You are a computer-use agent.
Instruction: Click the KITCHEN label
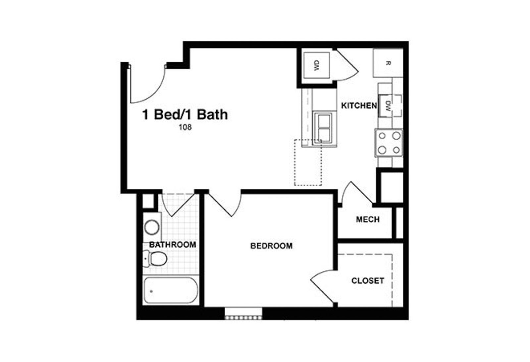coord(359,106)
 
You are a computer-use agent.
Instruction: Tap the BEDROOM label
coord(271,246)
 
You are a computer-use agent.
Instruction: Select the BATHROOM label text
coord(173,245)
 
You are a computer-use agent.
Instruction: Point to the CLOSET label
coord(368,281)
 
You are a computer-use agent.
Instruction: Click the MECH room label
coord(368,219)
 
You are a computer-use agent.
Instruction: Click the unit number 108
coord(185,127)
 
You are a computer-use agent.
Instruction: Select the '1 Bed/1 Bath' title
coord(185,114)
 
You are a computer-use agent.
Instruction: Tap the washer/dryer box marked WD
coord(317,65)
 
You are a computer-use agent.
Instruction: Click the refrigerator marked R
coord(388,63)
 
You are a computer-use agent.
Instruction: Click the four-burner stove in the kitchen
coord(389,143)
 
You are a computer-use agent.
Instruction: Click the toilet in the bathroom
coord(155,258)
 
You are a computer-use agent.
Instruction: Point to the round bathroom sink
coord(152,228)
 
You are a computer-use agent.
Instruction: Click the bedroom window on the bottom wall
coord(243,314)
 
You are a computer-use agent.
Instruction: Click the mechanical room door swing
coord(354,194)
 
